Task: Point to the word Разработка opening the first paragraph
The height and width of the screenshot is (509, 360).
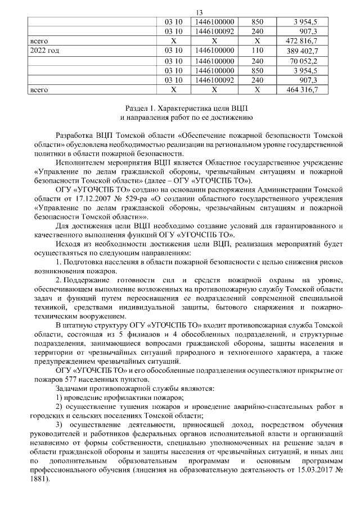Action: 76,136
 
